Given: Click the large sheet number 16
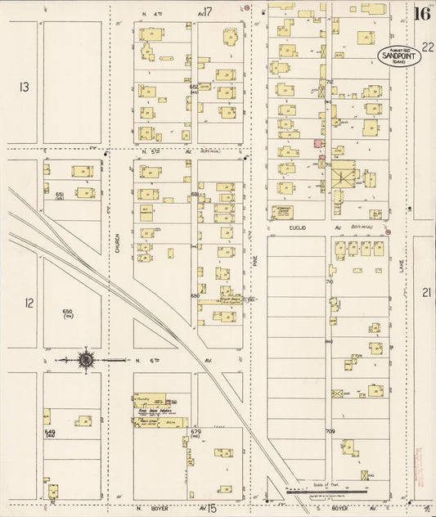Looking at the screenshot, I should [x=422, y=13].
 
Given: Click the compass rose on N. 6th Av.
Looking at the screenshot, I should [x=84, y=358].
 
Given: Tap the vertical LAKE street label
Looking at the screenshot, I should [x=402, y=280].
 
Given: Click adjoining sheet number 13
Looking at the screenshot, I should [x=25, y=87].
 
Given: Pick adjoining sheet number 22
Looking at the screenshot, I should [x=427, y=48].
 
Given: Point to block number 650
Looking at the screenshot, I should [x=68, y=311].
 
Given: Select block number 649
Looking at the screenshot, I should [x=49, y=431].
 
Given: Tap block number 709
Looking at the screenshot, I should [x=330, y=431].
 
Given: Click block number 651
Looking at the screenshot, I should [x=60, y=194].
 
